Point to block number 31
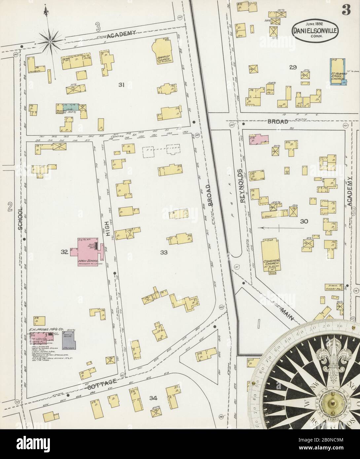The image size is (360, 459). click(x=121, y=85)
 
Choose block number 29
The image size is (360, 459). click(x=293, y=68)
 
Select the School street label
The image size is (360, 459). click(x=20, y=219)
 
